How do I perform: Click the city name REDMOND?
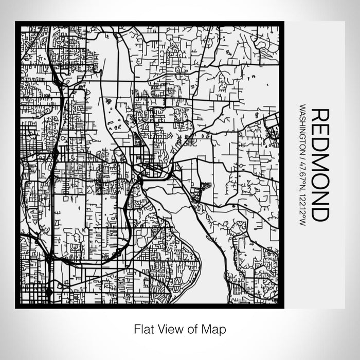[x=320, y=165]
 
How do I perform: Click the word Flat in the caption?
[x=143, y=328]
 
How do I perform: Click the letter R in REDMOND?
[x=320, y=115]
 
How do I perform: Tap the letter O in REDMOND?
[x=320, y=182]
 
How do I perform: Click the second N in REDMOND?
[x=320, y=199]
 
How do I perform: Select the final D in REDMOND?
[x=320, y=214]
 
